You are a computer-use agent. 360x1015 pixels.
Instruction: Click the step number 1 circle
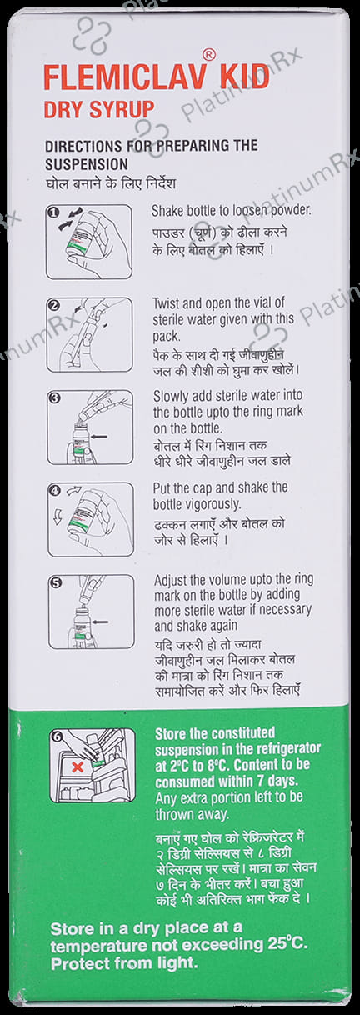(55, 212)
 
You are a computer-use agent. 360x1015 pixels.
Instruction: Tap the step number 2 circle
(56, 305)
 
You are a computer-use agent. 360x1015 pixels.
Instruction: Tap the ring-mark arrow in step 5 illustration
(99, 622)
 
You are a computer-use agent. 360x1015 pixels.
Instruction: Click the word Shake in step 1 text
(165, 211)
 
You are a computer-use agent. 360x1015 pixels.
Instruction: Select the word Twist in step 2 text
(164, 302)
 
